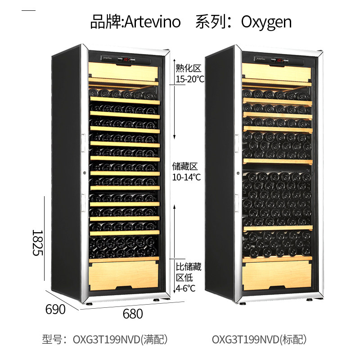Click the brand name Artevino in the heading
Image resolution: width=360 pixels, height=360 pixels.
point(153,22)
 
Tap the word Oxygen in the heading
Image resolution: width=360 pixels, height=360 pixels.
point(266,22)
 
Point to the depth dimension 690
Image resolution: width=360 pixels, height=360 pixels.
point(55,310)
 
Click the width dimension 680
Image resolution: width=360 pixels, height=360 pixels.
point(132,314)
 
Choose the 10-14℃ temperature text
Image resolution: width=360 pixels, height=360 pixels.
point(186,177)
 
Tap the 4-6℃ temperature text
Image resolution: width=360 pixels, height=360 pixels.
point(185,288)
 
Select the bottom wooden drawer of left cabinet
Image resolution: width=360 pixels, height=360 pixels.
point(125,275)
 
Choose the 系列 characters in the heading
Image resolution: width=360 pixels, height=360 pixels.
point(210,22)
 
